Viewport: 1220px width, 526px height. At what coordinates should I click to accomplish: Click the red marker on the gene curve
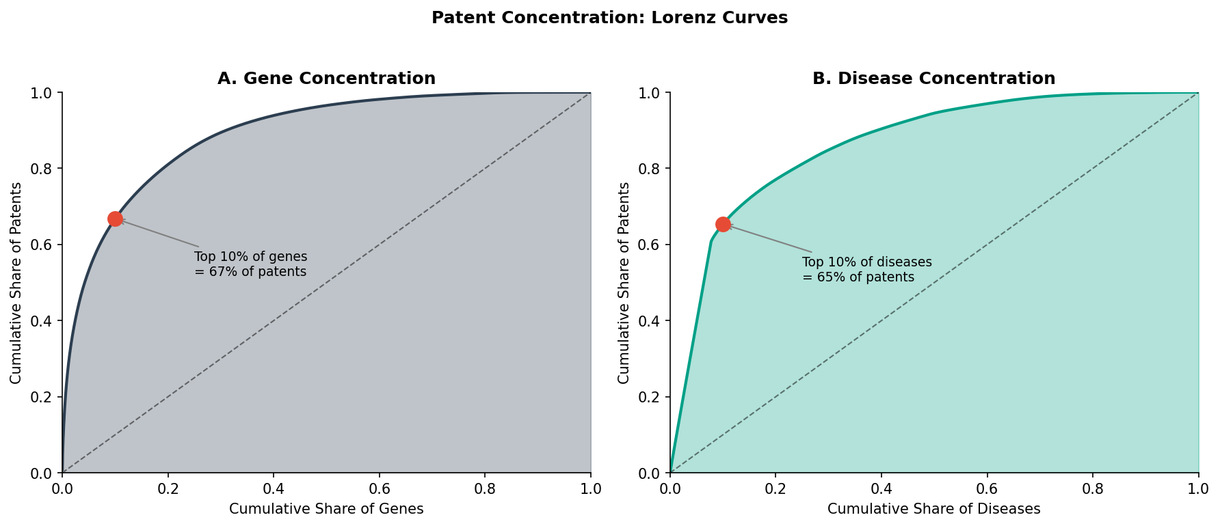[115, 219]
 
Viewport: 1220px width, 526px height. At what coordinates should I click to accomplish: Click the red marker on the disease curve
[723, 224]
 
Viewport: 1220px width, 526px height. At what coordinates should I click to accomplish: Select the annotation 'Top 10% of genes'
[250, 257]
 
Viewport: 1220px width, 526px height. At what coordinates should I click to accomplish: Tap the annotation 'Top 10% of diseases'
[866, 262]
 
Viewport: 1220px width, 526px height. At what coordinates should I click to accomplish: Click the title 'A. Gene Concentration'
[326, 79]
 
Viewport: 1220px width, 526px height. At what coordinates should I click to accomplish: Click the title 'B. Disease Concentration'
[933, 79]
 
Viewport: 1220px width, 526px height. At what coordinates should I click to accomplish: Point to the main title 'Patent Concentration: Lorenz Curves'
[609, 18]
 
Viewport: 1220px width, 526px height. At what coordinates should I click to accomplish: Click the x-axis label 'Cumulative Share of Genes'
[326, 509]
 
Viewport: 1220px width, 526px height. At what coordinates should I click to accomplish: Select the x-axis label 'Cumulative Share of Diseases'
[933, 509]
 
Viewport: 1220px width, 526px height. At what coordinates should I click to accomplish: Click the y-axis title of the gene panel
[16, 283]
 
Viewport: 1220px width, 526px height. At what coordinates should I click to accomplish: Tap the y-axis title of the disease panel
[624, 283]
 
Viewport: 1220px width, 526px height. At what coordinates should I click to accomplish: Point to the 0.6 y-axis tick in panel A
[43, 245]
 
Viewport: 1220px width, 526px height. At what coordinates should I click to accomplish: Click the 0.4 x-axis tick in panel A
[274, 489]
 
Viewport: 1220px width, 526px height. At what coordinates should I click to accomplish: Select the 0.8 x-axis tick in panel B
[1093, 489]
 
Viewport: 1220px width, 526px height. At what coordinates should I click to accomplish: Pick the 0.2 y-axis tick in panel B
[651, 397]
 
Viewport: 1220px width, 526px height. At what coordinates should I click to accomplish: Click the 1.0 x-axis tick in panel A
[590, 489]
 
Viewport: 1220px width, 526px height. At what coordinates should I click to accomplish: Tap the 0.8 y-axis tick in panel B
[651, 169]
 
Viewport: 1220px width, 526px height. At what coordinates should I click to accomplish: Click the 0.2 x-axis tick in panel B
[775, 489]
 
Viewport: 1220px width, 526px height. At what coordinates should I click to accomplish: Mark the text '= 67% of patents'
[250, 272]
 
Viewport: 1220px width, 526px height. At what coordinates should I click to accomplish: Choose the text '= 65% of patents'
[858, 277]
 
